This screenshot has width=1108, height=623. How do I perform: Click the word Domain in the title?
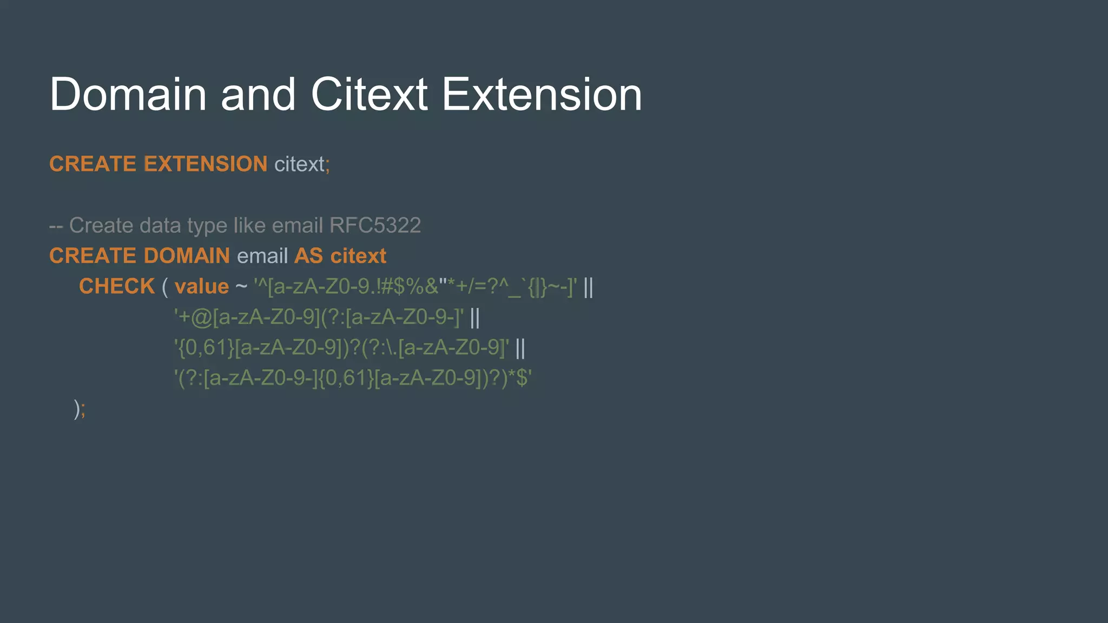tap(128, 95)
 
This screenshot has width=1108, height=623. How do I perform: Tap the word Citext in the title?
tap(370, 95)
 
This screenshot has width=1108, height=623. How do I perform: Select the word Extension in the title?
tap(542, 95)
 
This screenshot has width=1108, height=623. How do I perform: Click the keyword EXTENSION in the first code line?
tap(206, 164)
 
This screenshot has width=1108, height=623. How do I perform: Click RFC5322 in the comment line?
tap(375, 226)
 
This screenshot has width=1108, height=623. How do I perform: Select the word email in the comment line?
tap(297, 226)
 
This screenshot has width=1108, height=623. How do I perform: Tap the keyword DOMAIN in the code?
tap(187, 256)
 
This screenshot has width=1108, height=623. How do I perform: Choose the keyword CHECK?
tap(117, 287)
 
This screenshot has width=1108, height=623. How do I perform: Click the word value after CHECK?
tap(202, 287)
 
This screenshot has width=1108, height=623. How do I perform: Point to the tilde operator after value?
tap(241, 287)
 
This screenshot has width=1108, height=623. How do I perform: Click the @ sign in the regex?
tap(201, 317)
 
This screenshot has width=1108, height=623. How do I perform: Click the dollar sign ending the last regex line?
tap(522, 378)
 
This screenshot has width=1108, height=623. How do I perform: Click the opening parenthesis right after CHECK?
tap(164, 287)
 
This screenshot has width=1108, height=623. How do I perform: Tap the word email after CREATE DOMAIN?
tap(262, 256)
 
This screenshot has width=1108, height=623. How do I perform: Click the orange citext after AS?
tap(359, 256)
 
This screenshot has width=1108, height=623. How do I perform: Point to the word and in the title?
tap(258, 95)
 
